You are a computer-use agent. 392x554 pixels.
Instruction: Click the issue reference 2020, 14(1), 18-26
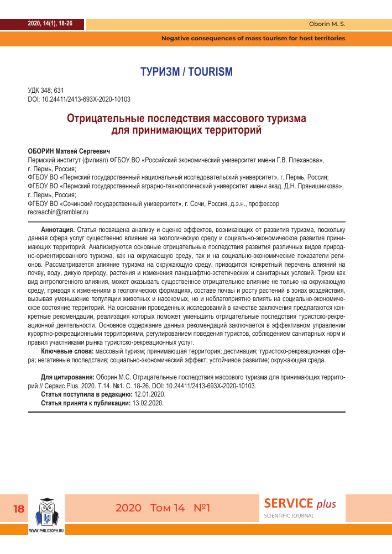coord(50,23)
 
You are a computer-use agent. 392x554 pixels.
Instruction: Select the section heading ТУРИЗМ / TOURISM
coord(186,72)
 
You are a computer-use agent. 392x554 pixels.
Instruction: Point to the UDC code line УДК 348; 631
coord(46,91)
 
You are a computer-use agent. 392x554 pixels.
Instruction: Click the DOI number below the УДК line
coord(79,99)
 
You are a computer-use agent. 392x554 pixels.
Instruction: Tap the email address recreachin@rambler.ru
coord(58,212)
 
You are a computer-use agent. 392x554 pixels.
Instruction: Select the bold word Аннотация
coord(58,229)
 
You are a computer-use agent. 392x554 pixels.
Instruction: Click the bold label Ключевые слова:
coord(67,351)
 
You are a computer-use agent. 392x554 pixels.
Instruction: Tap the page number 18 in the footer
coord(18,509)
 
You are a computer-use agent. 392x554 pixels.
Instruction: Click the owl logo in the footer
coord(46,511)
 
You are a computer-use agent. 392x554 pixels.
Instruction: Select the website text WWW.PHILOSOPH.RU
coord(46,530)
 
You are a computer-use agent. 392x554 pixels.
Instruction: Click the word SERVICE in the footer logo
coord(289,503)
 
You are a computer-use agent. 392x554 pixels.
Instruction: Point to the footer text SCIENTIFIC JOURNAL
coord(290,516)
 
